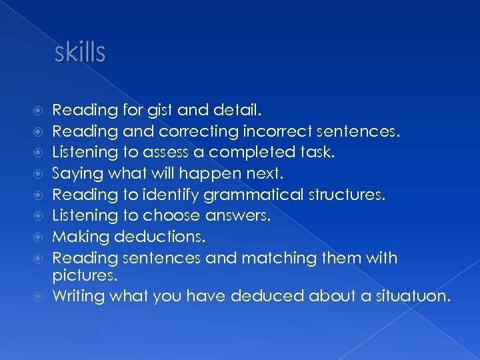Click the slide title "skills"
(x=80, y=53)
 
